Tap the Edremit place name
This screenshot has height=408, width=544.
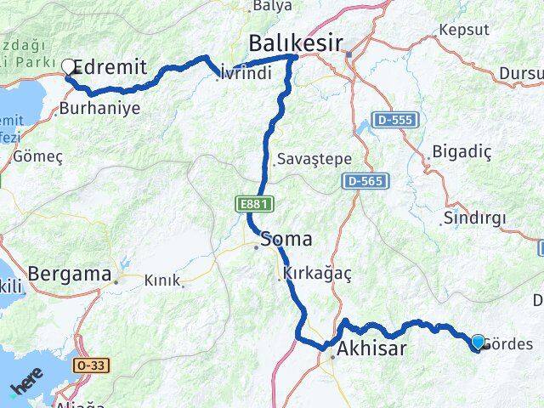pos(111,67)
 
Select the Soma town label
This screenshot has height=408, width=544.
pos(286,239)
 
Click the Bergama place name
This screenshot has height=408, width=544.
pos(70,275)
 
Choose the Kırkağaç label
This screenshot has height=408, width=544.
pos(315,275)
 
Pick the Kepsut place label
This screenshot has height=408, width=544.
pos(464,30)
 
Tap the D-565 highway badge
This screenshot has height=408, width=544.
pos(366,181)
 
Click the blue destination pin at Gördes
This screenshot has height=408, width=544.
pos(478,342)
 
